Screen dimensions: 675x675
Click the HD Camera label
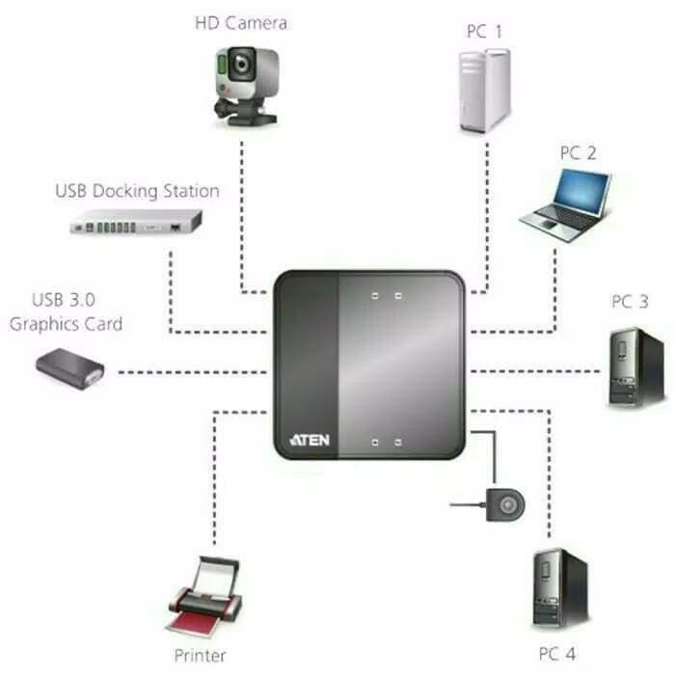point(241,22)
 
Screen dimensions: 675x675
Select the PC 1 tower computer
point(482,92)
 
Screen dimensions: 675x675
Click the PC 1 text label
point(484,31)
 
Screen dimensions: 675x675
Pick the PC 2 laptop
point(567,204)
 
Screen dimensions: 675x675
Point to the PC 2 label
point(579,152)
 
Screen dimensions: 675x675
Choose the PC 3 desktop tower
point(635,366)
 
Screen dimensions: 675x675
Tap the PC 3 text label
point(630,302)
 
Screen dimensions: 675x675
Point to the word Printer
point(201,656)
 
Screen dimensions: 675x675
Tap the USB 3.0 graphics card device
point(70,366)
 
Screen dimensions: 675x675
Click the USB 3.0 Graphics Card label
point(67,312)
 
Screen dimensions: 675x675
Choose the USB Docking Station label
point(136,190)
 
